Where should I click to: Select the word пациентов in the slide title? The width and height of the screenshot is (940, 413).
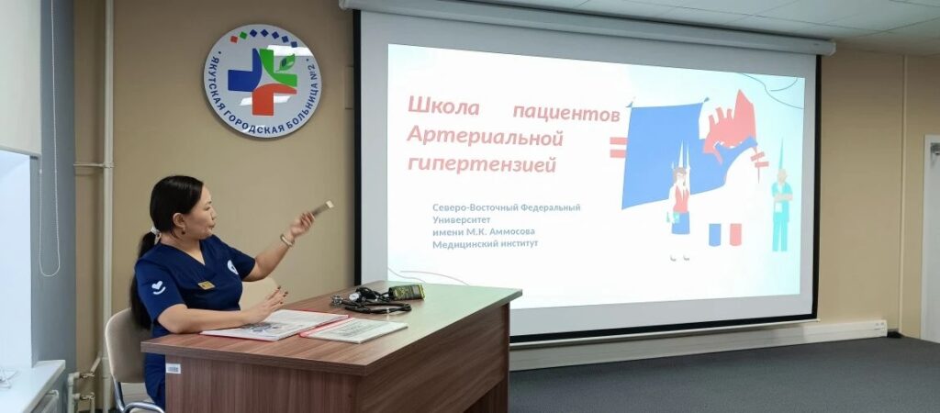pyautogui.click(x=566, y=112)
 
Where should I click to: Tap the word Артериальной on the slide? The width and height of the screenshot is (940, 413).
pyautogui.click(x=485, y=136)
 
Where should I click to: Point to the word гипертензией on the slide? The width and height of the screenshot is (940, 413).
pyautogui.click(x=482, y=163)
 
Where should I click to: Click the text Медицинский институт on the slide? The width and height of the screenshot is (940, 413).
pyautogui.click(x=485, y=244)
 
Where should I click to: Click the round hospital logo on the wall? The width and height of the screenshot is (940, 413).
pyautogui.click(x=263, y=81)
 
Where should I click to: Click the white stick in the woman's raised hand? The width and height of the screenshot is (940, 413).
pyautogui.click(x=321, y=208)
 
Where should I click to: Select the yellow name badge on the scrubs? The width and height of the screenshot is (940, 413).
pyautogui.click(x=207, y=285)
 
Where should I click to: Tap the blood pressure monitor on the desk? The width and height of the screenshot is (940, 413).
pyautogui.click(x=406, y=292)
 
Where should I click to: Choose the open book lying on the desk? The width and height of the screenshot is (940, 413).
pyautogui.click(x=275, y=324)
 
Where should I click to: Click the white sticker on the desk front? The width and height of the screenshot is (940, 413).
pyautogui.click(x=173, y=368)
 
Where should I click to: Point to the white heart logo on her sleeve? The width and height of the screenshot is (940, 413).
pyautogui.click(x=158, y=286)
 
